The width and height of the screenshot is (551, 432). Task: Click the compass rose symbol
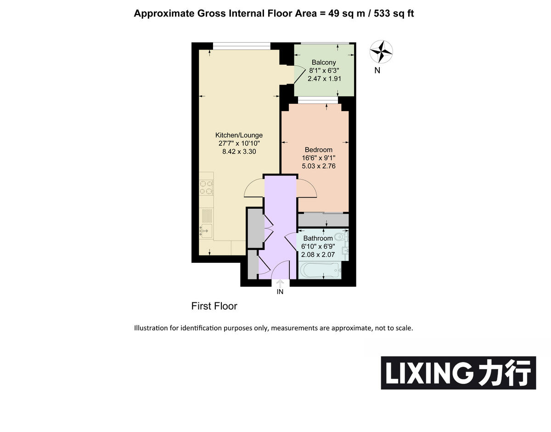click(x=381, y=51)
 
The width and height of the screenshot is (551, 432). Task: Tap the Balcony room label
click(x=324, y=62)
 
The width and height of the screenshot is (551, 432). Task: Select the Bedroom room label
click(x=318, y=150)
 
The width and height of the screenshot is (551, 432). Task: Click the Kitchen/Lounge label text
click(x=239, y=135)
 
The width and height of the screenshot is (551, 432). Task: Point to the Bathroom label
click(x=318, y=239)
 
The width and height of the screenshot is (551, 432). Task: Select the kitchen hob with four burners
click(x=206, y=187)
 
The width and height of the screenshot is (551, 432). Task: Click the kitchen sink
click(x=206, y=230)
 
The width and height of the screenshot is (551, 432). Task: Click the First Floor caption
click(x=214, y=306)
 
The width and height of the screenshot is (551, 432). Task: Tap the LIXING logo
click(x=458, y=373)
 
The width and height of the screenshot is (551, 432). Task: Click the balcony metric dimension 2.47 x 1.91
click(x=324, y=79)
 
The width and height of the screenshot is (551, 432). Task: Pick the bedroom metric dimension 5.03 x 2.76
click(x=318, y=166)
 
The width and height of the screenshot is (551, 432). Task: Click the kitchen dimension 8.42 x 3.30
click(x=239, y=151)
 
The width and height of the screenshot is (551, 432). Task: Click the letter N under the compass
click(x=377, y=70)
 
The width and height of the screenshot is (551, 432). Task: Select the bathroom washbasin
click(x=345, y=250)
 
